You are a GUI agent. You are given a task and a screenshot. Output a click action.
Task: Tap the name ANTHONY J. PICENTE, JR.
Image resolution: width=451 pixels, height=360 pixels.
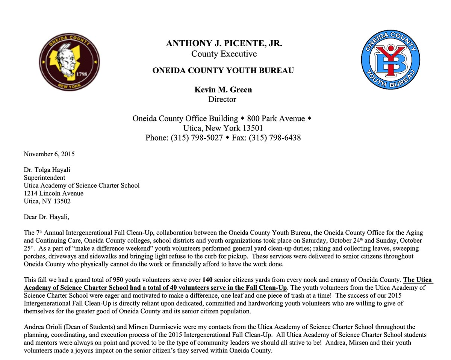224,44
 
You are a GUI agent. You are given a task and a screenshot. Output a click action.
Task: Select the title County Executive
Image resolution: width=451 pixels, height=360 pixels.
224,54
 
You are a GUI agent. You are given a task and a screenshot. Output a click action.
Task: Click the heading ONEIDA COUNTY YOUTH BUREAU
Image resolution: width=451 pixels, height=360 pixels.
223,71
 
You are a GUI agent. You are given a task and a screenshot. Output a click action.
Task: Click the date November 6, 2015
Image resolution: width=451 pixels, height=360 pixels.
49,154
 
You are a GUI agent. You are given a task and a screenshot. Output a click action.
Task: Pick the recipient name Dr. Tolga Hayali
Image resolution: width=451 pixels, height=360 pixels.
47,169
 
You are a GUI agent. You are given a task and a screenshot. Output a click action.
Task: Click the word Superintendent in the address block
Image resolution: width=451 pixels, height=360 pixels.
44,177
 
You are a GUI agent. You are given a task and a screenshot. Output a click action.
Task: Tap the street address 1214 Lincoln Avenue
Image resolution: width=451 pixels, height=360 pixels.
53,193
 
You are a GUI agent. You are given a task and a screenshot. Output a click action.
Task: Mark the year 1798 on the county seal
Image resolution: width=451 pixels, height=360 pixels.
82,74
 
